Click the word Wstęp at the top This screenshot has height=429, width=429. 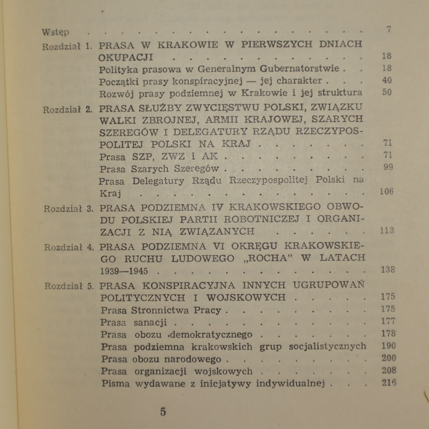coord(56,32)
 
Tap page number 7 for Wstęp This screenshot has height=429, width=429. coord(389,29)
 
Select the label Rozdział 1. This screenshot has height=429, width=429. coord(67,47)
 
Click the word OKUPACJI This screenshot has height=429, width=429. coord(126,57)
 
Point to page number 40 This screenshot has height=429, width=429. coord(387,80)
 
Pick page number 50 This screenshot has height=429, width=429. coord(387,92)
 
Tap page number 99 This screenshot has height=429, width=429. coord(388,167)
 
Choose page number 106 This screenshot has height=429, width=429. coord(387,191)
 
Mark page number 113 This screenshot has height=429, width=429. coord(387,231)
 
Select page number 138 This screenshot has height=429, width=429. coord(388,269)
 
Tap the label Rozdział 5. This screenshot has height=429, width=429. coord(69,286)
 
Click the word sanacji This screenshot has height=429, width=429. coord(150,323)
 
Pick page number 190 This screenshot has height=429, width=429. coord(389,346)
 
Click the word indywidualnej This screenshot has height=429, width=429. coord(291,383)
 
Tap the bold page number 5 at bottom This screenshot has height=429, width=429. coord(163,412)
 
